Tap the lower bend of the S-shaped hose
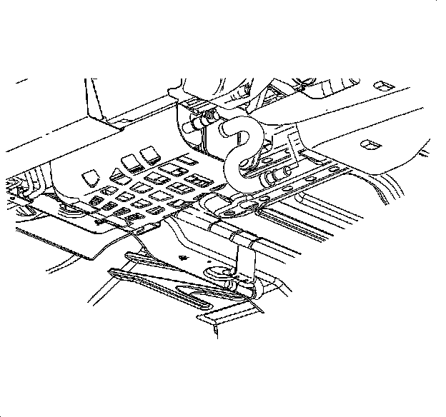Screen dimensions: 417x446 [234, 169]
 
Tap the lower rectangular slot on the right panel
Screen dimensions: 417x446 [371, 144]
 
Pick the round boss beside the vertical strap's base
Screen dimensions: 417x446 [219, 271]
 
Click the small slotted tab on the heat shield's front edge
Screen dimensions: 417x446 [149, 227]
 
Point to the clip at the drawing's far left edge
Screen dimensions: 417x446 [14, 187]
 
